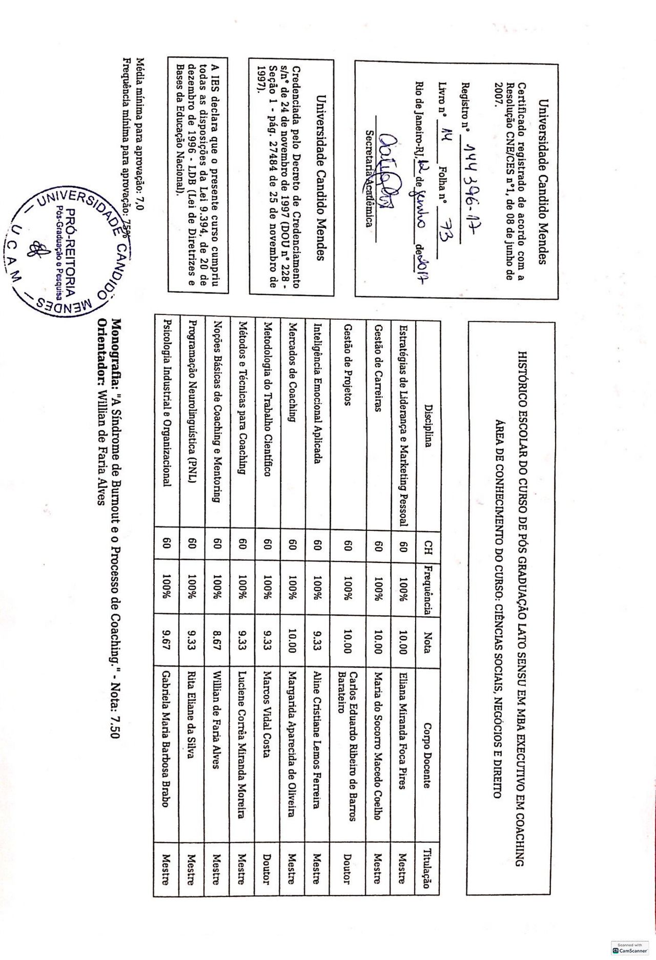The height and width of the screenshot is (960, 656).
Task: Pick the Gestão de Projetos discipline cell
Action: point(347,364)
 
